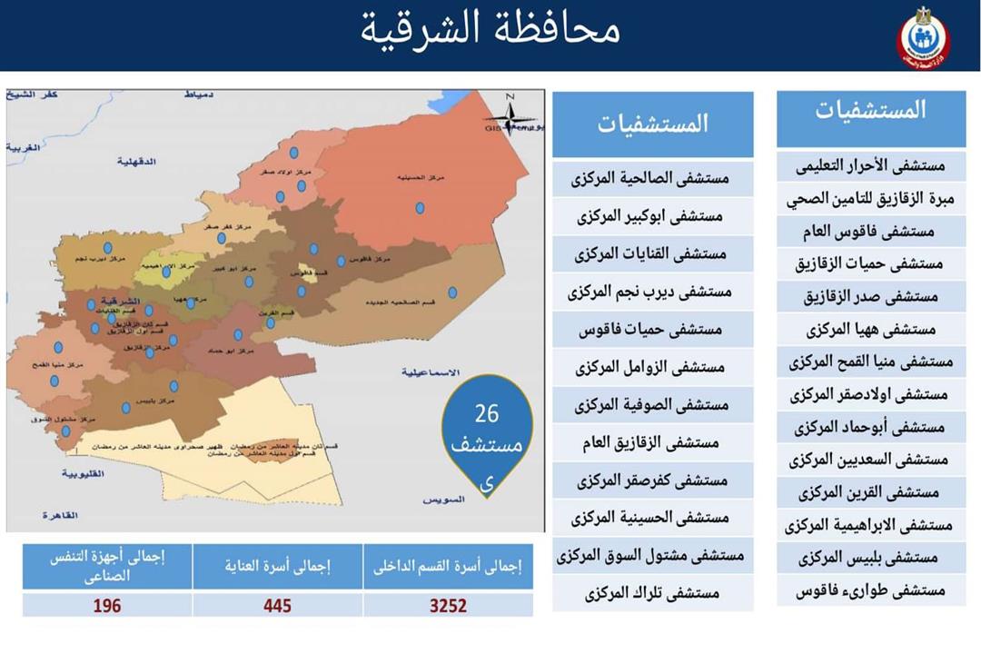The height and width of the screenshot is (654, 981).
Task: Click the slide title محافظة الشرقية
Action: point(490,29)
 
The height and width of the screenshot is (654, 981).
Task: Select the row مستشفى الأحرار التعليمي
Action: point(870,166)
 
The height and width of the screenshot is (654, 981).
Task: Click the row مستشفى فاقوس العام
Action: point(870,232)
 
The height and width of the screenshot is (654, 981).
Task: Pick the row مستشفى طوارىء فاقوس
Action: point(870,590)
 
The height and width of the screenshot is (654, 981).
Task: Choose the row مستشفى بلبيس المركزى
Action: point(870,558)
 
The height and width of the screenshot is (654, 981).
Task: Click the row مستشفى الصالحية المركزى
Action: point(652,178)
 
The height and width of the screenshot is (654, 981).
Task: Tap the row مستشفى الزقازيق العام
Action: point(652,442)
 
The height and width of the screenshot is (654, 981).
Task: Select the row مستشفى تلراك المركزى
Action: point(652,593)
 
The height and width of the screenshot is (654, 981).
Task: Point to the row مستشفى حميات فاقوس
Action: point(652,329)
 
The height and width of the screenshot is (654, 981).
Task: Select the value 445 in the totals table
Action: point(277,605)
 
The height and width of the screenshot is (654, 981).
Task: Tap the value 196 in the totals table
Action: point(106,605)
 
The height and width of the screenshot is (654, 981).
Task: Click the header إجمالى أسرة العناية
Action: point(277,567)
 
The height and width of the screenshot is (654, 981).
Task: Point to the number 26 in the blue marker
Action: point(487,414)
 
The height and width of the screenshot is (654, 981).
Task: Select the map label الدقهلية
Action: point(138,161)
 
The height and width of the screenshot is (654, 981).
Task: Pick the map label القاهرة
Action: point(60,514)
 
